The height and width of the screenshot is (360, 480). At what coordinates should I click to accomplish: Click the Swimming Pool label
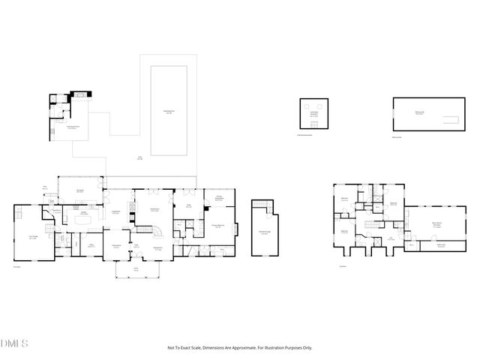tap(169, 113)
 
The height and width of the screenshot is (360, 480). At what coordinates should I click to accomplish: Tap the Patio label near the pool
tap(139, 157)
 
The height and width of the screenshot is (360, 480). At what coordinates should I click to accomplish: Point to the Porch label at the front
tap(136, 269)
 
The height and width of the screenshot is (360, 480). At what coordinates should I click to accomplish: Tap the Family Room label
tap(154, 210)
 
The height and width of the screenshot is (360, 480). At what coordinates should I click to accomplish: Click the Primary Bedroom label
tap(218, 226)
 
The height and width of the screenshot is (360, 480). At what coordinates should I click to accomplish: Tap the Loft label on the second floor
tap(391, 238)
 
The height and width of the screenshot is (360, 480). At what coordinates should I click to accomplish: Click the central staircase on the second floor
tap(369, 223)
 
